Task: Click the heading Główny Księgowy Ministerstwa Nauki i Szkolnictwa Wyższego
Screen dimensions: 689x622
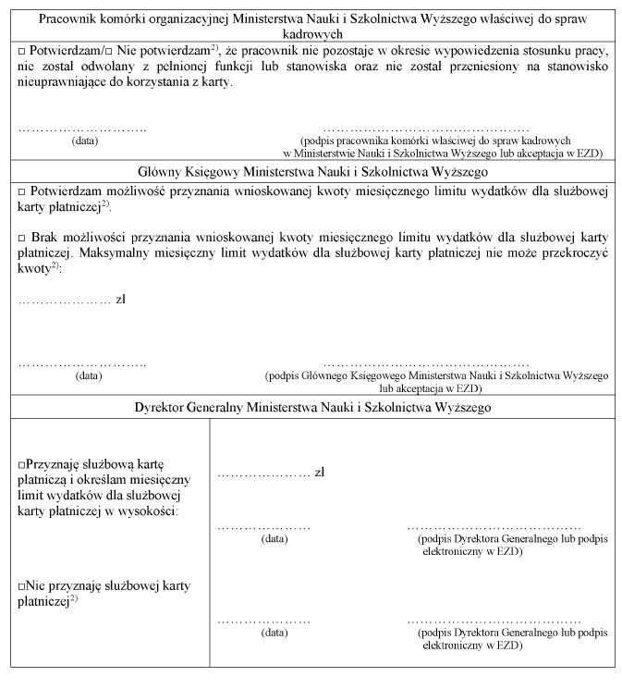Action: pos(311,171)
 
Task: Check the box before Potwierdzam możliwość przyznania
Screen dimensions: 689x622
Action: pos(22,190)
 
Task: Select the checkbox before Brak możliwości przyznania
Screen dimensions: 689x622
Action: pos(22,238)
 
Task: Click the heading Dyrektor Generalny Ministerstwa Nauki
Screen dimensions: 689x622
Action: pos(311,406)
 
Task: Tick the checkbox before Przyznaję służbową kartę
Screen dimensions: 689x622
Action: pos(22,462)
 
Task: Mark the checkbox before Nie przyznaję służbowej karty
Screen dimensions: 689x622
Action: pos(22,584)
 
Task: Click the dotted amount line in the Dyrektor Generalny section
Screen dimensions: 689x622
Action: pos(262,474)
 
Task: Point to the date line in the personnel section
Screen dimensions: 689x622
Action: pos(82,129)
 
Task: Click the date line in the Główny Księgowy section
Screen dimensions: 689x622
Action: pos(82,363)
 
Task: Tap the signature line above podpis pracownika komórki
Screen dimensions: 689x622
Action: pos(427,129)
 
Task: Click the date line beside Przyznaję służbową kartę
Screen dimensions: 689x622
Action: pos(263,526)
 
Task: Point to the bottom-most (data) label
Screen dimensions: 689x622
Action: pos(274,633)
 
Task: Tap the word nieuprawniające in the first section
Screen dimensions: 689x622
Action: pos(59,82)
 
